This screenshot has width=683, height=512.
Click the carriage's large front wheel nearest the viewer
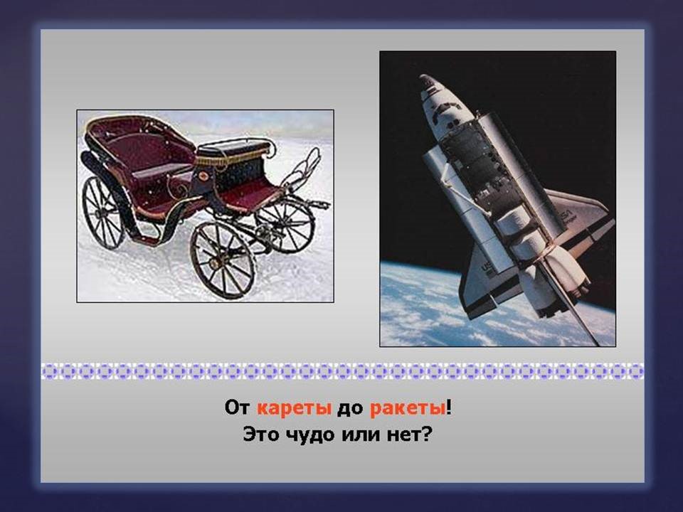coord(222,260)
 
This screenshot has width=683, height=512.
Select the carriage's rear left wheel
coord(103,211)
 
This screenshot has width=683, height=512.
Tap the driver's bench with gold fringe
coord(235,151)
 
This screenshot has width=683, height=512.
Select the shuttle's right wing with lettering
coord(580,217)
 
